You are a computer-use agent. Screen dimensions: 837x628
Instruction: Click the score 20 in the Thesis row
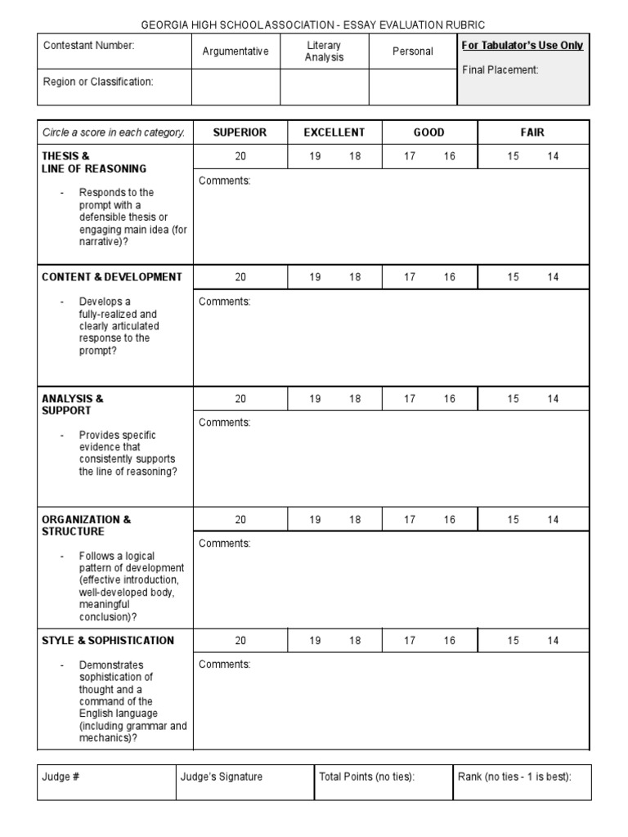click(x=240, y=156)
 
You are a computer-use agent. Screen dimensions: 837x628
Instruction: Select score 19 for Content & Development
click(x=315, y=277)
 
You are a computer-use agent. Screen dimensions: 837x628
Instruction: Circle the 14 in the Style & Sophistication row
click(x=554, y=641)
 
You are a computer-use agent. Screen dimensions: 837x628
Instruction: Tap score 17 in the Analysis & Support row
click(x=410, y=399)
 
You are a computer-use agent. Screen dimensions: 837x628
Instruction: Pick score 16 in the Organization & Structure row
click(x=450, y=520)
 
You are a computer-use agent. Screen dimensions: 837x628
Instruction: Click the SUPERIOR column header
click(x=240, y=132)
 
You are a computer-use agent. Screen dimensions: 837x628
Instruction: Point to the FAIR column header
click(x=532, y=132)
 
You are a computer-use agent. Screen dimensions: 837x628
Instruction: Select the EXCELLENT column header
click(x=334, y=132)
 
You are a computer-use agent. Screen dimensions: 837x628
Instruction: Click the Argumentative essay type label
click(x=235, y=51)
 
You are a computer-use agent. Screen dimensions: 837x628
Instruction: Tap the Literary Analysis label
click(x=325, y=51)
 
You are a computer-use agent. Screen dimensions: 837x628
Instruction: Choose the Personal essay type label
click(x=413, y=51)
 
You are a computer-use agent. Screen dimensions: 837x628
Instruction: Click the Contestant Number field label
click(x=88, y=46)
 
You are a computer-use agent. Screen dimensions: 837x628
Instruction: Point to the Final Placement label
click(x=500, y=70)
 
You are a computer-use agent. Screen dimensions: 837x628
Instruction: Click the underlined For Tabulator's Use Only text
click(x=523, y=46)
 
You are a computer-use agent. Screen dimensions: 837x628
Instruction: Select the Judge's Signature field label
click(x=222, y=777)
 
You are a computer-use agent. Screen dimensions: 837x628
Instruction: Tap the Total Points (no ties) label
click(x=367, y=777)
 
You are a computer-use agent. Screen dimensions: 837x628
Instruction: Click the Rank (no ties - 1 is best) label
click(x=514, y=777)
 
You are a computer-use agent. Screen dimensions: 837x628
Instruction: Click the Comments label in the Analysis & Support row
click(x=225, y=423)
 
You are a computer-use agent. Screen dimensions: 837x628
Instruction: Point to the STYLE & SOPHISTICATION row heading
click(x=108, y=641)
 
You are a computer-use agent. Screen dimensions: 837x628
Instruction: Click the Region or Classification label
click(x=98, y=82)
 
